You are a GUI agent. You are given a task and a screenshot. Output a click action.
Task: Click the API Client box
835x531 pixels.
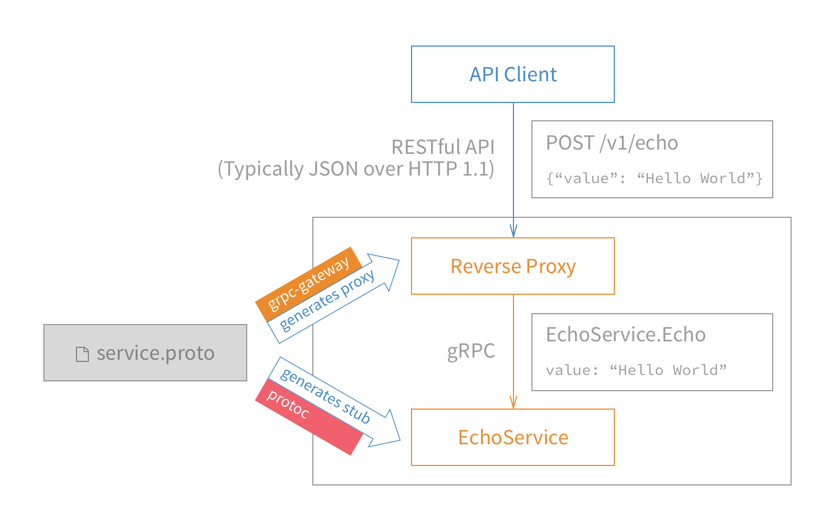[512, 74]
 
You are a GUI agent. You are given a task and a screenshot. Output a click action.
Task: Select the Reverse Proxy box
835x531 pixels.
[512, 266]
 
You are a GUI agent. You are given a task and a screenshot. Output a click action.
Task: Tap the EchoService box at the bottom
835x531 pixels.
[512, 437]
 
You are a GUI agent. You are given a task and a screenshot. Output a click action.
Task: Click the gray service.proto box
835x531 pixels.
[145, 353]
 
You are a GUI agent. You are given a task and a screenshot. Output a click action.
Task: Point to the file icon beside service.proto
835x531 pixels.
[82, 354]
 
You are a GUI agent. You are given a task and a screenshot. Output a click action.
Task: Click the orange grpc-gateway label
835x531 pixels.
[308, 284]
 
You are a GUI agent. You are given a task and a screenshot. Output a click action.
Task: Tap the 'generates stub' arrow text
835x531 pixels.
[325, 396]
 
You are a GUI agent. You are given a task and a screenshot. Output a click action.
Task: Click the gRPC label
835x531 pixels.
[471, 351]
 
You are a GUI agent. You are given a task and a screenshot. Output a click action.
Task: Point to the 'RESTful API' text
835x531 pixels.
[442, 147]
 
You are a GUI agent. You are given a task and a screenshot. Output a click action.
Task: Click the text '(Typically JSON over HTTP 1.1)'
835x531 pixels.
[356, 169]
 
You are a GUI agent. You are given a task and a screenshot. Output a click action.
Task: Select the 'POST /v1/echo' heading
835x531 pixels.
[612, 143]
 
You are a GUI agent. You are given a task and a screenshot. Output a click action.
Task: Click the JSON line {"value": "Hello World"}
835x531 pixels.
[654, 178]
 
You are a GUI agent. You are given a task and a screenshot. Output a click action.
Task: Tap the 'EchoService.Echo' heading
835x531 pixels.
[626, 335]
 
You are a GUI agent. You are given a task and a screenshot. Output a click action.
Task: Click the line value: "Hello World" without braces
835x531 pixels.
[636, 370]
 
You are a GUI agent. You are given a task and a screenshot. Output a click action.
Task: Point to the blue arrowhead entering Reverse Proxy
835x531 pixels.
[513, 231]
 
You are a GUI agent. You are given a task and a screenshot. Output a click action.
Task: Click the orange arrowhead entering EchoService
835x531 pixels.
[513, 403]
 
